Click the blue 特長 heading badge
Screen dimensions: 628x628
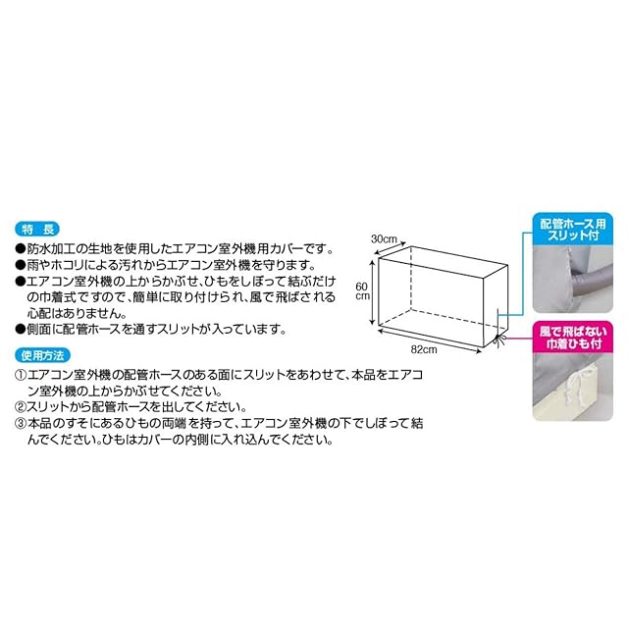click(x=37, y=230)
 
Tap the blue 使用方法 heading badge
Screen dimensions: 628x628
click(x=42, y=355)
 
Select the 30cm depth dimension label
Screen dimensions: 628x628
click(x=384, y=239)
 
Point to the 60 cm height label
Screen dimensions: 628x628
click(x=362, y=290)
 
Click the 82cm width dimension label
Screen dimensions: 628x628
click(x=424, y=349)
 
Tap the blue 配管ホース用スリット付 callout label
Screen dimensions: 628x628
click(x=573, y=230)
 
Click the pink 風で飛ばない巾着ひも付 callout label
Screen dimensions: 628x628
click(x=573, y=338)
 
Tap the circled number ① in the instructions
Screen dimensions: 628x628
click(x=21, y=375)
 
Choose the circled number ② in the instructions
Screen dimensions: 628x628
click(x=21, y=407)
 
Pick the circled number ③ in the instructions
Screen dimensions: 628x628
click(x=21, y=423)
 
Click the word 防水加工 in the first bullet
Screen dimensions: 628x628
click(x=51, y=249)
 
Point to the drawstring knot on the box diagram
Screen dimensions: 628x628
click(x=499, y=340)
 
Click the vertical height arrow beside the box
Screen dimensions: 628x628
click(x=373, y=291)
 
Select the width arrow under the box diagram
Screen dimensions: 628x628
click(x=430, y=341)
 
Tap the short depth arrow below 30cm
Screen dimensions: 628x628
click(x=390, y=248)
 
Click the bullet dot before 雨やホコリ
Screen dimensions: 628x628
click(x=21, y=266)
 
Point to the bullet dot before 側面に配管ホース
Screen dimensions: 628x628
click(x=21, y=330)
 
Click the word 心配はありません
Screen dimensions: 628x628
click(x=77, y=313)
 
